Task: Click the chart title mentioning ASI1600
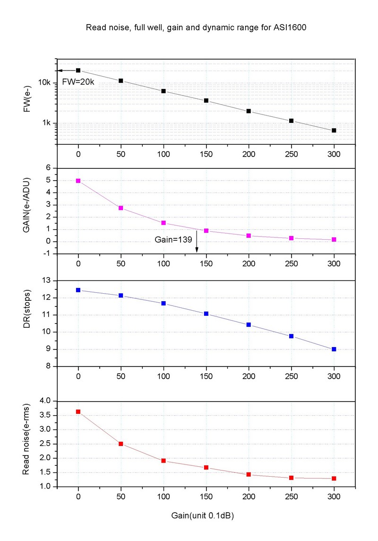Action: click(196, 27)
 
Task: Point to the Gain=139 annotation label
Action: click(173, 240)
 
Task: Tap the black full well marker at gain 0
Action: click(78, 70)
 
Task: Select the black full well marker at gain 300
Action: click(334, 130)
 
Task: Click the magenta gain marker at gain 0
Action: click(78, 181)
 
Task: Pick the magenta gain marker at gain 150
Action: click(206, 230)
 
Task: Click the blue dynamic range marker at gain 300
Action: click(334, 349)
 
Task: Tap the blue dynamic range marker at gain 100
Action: click(163, 303)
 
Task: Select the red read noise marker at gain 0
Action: click(78, 411)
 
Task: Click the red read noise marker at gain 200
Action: click(249, 474)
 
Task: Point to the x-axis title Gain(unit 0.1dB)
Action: click(202, 516)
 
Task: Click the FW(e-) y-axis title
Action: click(28, 101)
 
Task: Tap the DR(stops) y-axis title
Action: click(28, 323)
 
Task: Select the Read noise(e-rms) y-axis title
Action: click(28, 445)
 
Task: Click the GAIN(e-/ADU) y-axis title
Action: click(28, 211)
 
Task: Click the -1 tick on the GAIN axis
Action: click(46, 254)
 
